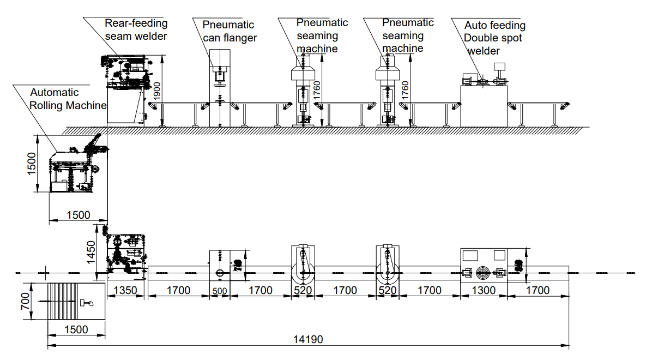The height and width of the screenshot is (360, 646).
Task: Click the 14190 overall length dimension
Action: [x=309, y=339]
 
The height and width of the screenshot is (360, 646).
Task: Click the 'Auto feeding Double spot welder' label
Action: [x=494, y=38]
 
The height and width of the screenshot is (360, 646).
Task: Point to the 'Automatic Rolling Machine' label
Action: [x=68, y=99]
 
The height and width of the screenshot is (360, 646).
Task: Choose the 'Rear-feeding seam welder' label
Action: [x=136, y=29]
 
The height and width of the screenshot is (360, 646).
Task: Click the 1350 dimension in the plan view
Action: [x=126, y=291]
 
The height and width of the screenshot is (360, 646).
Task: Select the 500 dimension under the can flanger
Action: [x=220, y=291]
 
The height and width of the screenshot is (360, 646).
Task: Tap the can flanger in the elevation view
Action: [x=220, y=87]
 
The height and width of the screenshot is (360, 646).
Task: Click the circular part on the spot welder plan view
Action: [x=483, y=272]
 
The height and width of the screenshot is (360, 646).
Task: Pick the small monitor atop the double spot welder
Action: [x=499, y=67]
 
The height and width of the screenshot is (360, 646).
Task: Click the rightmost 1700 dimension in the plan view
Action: [x=538, y=291]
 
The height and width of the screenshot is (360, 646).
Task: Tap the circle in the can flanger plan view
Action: [x=220, y=273]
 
